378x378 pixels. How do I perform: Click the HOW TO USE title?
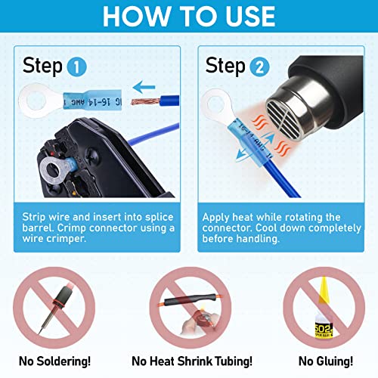click(189, 17)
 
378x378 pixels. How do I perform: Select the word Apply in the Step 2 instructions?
click(219, 217)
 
